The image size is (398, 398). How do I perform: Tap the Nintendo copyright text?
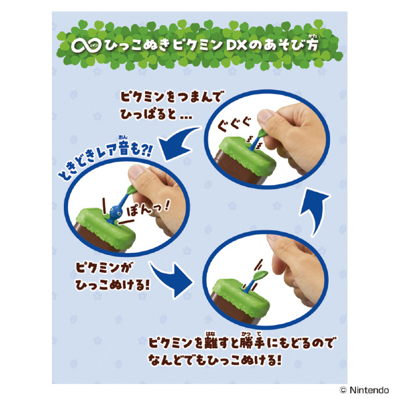(364, 389)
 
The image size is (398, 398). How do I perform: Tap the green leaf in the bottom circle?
(261, 275)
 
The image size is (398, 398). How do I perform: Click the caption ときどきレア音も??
(104, 160)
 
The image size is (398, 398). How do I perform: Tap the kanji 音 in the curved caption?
(126, 149)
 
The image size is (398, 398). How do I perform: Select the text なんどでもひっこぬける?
(215, 360)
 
